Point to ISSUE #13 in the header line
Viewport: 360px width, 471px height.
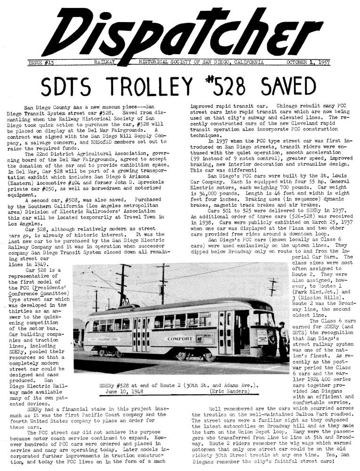(x=41, y=62)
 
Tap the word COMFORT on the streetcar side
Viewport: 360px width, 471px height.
(x=180, y=338)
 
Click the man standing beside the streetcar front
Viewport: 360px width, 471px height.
(x=283, y=338)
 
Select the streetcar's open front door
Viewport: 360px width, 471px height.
(x=241, y=332)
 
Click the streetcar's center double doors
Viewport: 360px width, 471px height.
(x=140, y=334)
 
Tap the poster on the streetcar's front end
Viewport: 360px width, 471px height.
(x=262, y=339)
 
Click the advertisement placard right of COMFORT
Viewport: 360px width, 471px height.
(x=206, y=339)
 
